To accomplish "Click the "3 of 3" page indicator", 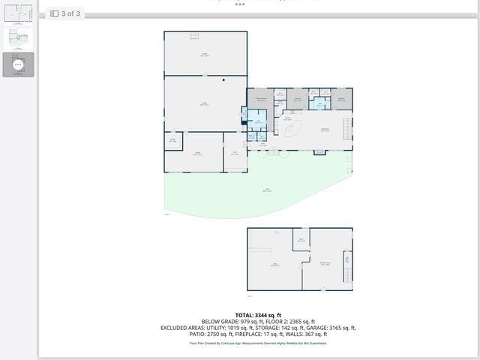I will click(x=72, y=13).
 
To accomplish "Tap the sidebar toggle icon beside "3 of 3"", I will click(x=55, y=13).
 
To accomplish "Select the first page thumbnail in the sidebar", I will click(x=19, y=13).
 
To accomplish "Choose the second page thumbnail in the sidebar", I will click(x=19, y=39).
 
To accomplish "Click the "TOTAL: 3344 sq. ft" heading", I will click(x=258, y=315).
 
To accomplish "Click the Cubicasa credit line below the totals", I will click(x=258, y=343).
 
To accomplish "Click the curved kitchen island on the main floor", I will click(x=295, y=129).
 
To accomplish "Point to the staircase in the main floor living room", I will click(x=346, y=130).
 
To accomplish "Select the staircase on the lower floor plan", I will click(x=346, y=265).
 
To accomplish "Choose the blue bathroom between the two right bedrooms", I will click(x=319, y=103).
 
